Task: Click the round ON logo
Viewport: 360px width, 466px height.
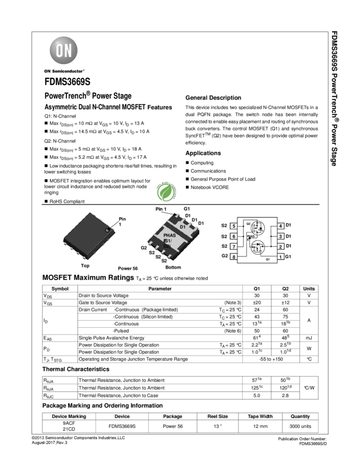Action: (64, 51)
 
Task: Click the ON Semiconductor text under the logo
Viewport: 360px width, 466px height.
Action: (64, 71)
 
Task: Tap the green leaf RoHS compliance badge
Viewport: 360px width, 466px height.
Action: (164, 191)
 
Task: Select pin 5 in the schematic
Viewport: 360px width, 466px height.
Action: (234, 226)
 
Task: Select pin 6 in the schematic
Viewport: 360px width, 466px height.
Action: (234, 236)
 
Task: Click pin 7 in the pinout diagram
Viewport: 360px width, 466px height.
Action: (234, 247)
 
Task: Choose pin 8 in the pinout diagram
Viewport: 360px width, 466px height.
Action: (234, 257)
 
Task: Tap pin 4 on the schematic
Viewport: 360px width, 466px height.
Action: (280, 226)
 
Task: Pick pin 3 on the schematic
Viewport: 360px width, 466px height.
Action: (280, 236)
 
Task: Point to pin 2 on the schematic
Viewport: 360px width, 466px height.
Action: (280, 247)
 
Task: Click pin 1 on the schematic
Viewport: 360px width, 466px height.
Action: (280, 257)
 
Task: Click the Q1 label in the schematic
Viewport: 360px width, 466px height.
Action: (267, 259)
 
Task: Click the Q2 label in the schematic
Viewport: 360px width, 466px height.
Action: (248, 224)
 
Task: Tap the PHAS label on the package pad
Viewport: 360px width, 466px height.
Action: (170, 235)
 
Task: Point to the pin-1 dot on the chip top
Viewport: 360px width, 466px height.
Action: (107, 231)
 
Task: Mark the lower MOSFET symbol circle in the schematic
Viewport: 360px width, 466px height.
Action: (258, 247)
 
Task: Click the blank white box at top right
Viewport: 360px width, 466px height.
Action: (300, 58)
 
